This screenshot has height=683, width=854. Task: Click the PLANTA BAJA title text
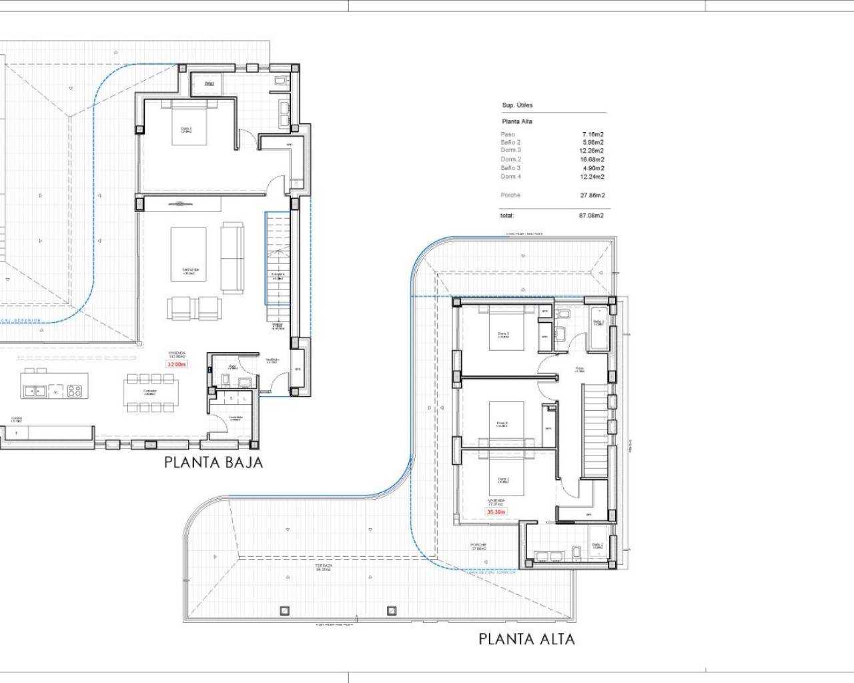tap(213, 462)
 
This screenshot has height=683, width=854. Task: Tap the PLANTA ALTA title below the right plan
tap(526, 639)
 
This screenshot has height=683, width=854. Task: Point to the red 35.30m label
tap(496, 512)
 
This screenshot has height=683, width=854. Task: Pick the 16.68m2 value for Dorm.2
tap(592, 159)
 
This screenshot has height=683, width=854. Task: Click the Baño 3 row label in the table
tap(510, 168)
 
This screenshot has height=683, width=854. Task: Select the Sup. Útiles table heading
tap(517, 105)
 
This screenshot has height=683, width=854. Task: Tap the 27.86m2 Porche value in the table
tap(592, 195)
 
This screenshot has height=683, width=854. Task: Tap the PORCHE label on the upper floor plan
tap(478, 546)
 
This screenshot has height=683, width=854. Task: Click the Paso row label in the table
tap(508, 134)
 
